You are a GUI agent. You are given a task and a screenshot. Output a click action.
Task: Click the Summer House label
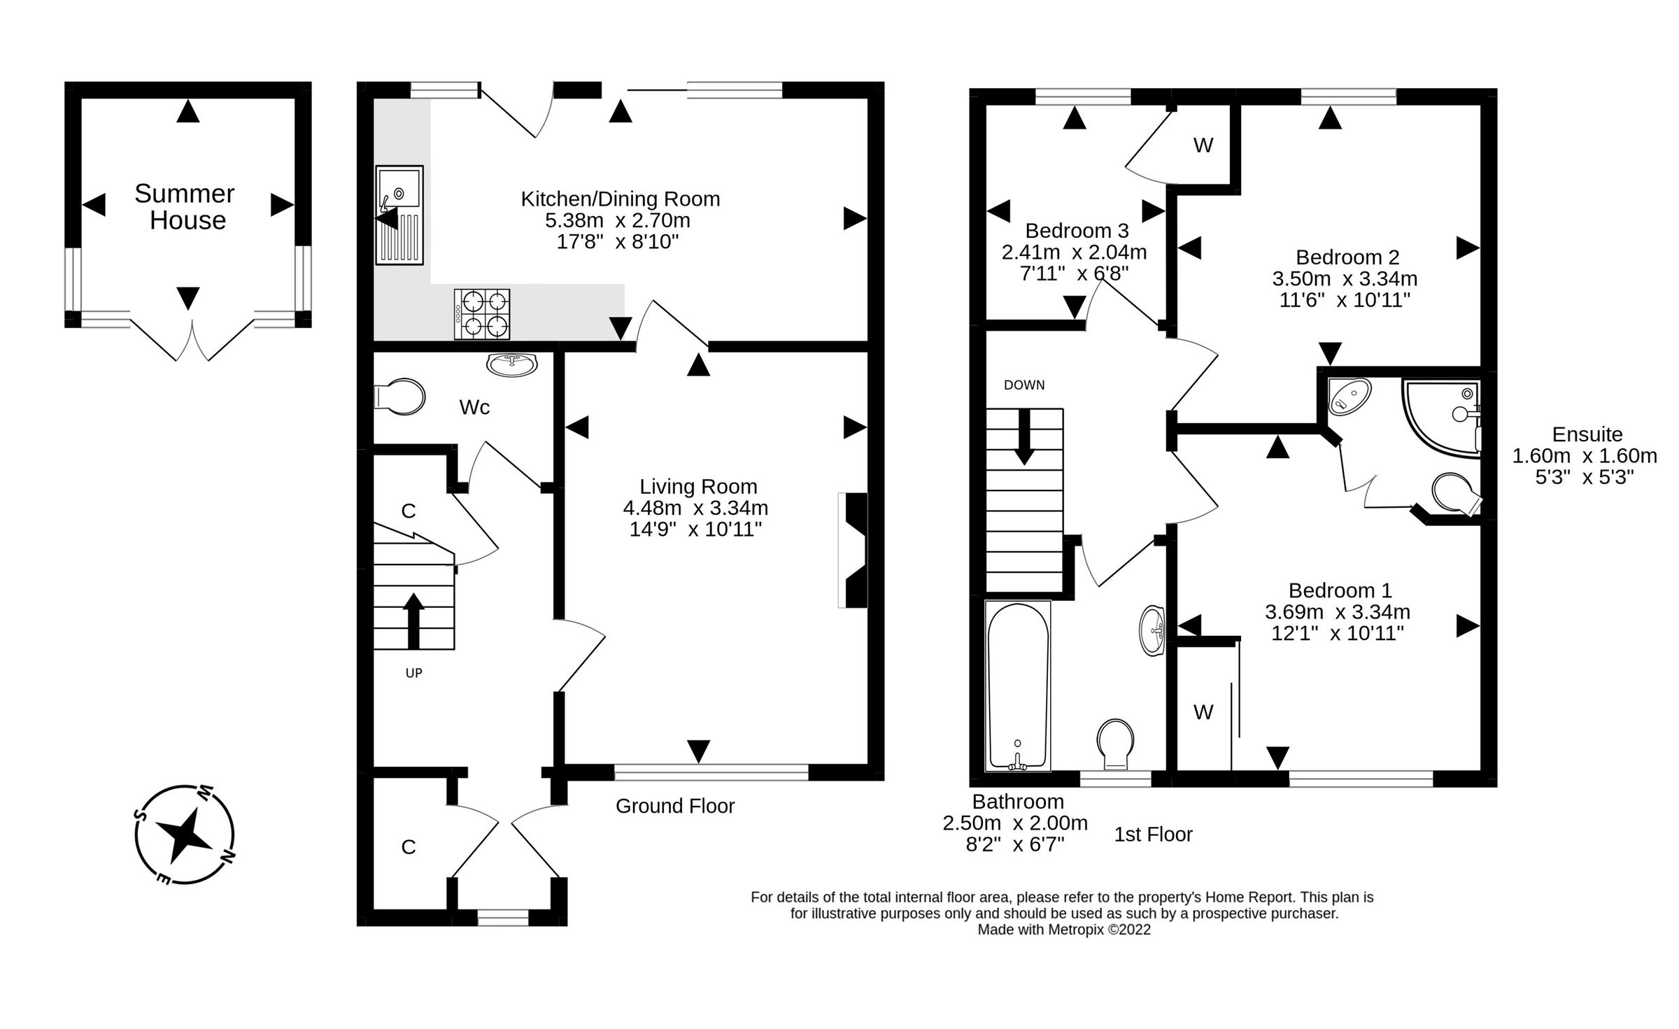click(185, 207)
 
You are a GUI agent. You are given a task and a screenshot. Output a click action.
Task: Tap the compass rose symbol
click(184, 835)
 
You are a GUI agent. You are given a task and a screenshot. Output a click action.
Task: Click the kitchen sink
click(399, 215)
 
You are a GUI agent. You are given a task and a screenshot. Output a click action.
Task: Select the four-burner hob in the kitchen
click(482, 314)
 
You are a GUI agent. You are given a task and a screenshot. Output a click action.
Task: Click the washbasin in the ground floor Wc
click(512, 364)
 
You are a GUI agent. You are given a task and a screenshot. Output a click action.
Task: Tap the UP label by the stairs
click(413, 673)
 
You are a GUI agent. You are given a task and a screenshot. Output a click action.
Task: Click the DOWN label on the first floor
click(1023, 385)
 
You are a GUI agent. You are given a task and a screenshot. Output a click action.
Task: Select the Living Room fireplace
click(854, 550)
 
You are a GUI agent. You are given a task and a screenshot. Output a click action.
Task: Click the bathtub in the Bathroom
click(1018, 686)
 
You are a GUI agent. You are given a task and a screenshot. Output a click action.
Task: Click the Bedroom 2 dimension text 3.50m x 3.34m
click(1344, 279)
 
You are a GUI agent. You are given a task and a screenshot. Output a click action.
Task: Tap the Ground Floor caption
click(674, 806)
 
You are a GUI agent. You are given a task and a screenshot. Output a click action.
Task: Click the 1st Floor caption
click(1153, 835)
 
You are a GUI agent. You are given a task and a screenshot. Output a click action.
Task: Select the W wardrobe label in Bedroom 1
click(1203, 712)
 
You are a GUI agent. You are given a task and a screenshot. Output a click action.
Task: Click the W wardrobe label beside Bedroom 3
click(1203, 146)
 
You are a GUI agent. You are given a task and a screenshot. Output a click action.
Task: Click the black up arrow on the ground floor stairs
click(413, 620)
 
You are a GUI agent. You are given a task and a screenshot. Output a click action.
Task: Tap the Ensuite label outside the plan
click(1587, 434)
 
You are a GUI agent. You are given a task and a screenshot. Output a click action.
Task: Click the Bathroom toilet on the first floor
click(1115, 744)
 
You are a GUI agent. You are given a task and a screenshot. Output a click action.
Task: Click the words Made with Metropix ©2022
click(1063, 930)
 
